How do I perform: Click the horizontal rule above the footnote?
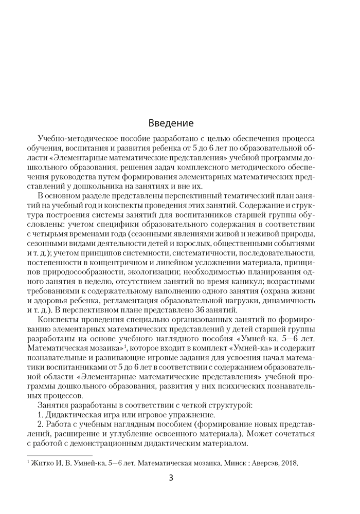pos(59,455)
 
